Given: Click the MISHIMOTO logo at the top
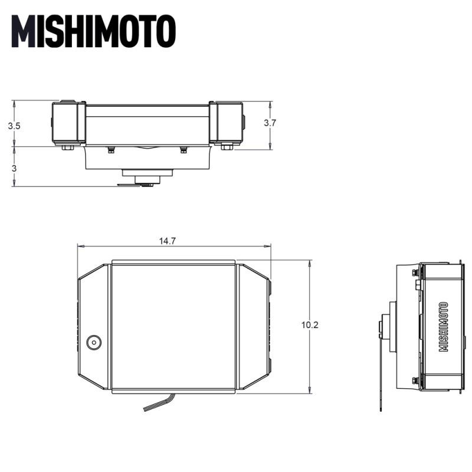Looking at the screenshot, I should pyautogui.click(x=93, y=31).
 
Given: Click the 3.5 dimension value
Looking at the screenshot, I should pyautogui.click(x=14, y=126).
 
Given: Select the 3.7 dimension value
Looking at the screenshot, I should pyautogui.click(x=270, y=123).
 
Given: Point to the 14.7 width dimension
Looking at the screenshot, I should pyautogui.click(x=167, y=241).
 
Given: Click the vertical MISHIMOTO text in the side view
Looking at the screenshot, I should pyautogui.click(x=444, y=327).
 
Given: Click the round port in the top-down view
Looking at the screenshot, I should pyautogui.click(x=93, y=342).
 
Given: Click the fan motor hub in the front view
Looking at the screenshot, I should pyautogui.click(x=147, y=176).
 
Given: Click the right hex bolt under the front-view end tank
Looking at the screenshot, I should pyautogui.click(x=227, y=146).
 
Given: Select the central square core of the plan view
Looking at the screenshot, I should pyautogui.click(x=173, y=326).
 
